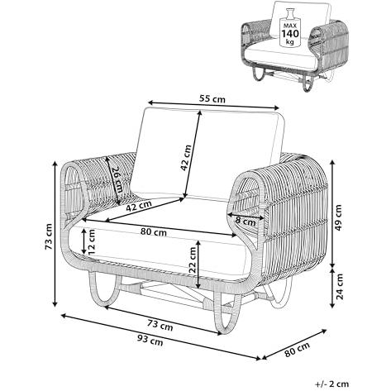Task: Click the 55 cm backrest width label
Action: pyautogui.click(x=212, y=98)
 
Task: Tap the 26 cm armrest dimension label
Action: pyautogui.click(x=117, y=180)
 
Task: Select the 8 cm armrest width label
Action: pyautogui.click(x=246, y=222)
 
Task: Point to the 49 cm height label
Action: pyautogui.click(x=339, y=217)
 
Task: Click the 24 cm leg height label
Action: pyautogui.click(x=340, y=287)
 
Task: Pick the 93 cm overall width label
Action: pyautogui.click(x=150, y=341)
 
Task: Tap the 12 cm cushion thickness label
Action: pyautogui.click(x=91, y=241)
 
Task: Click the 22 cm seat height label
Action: pyautogui.click(x=193, y=260)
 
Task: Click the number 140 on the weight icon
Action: pyautogui.click(x=290, y=34)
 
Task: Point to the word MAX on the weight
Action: pyautogui.click(x=290, y=26)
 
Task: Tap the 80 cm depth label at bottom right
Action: pyautogui.click(x=298, y=349)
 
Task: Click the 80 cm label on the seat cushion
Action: pyautogui.click(x=154, y=232)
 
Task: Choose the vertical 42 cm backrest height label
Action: pyautogui.click(x=185, y=158)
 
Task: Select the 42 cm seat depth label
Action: pyautogui.click(x=139, y=206)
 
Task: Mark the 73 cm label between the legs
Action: pyautogui.click(x=160, y=326)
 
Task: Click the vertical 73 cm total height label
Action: pyautogui.click(x=49, y=236)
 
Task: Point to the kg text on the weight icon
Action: pyautogui.click(x=290, y=42)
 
